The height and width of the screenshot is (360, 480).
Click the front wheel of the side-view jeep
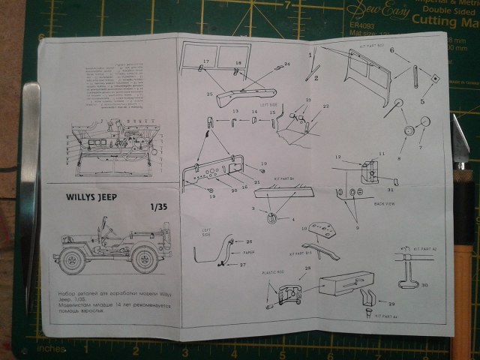click(x=73, y=260)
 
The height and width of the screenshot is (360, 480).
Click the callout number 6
click(x=391, y=50)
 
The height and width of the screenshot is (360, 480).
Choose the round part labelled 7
click(x=425, y=121)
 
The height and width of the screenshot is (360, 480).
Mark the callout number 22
click(x=325, y=106)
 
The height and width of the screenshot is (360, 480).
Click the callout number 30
click(x=424, y=284)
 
